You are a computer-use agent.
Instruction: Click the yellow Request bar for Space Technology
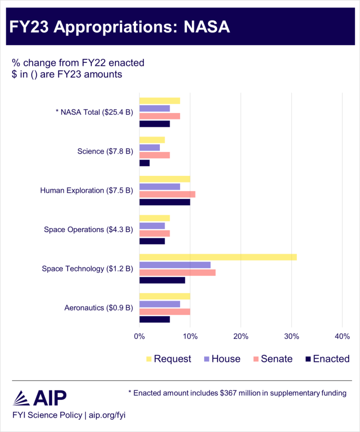pos(218,257)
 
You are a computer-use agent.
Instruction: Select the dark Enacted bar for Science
pos(144,163)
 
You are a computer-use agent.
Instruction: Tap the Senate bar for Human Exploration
pos(167,194)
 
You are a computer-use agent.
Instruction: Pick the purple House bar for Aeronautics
pos(159,304)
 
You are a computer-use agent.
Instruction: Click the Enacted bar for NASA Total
pos(155,124)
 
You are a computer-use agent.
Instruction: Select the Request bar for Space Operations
pos(155,218)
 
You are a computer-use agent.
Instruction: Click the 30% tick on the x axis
pos(292,337)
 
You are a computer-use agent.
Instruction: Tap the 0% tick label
pos(139,337)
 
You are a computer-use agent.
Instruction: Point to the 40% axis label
pos(342,337)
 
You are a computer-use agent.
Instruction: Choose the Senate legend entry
pos(272,359)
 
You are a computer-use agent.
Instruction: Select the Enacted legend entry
pos(328,359)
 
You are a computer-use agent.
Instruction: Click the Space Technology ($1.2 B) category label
pos(87,269)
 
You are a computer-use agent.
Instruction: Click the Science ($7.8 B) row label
pos(105,152)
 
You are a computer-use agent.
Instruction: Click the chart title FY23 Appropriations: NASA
pos(120,26)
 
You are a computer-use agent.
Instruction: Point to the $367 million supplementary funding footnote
pos(237,393)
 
